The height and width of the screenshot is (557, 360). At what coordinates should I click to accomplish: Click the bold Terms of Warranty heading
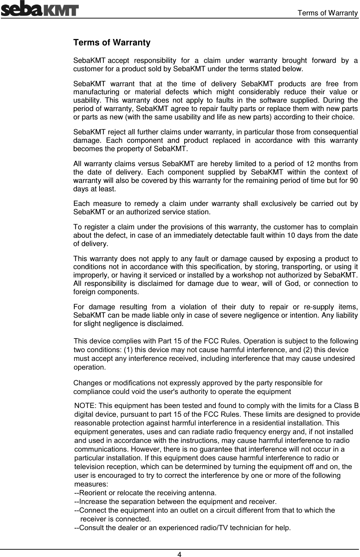112,43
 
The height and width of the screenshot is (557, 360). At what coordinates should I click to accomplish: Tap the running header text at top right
328,13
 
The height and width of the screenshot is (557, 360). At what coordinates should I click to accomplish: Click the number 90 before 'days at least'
353,181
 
